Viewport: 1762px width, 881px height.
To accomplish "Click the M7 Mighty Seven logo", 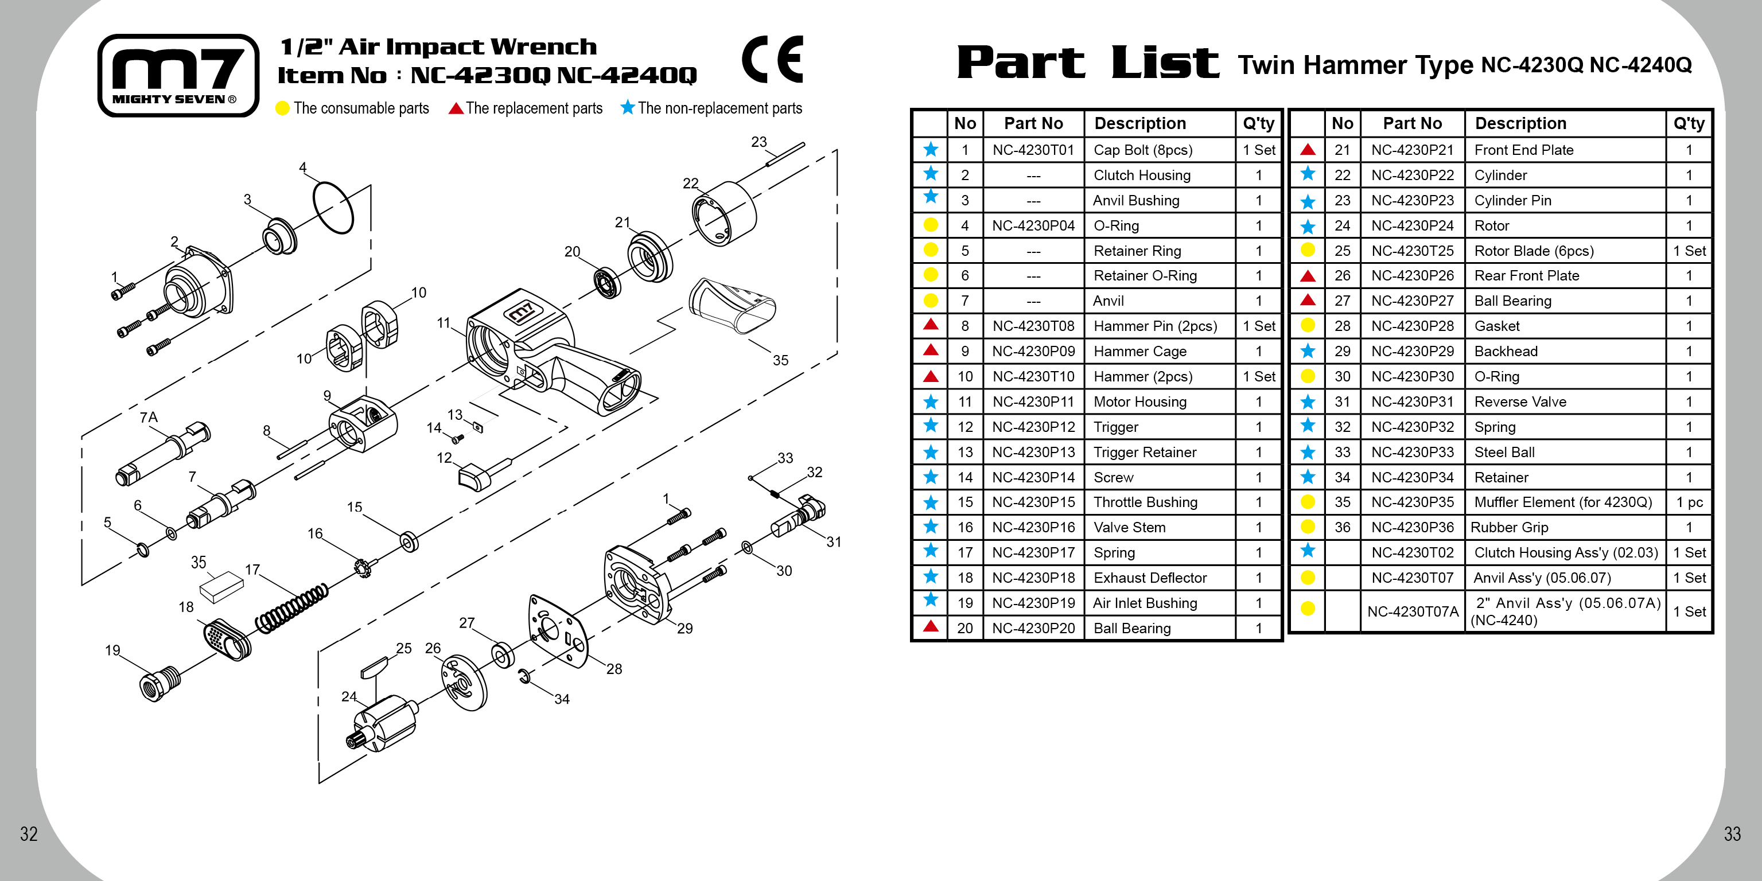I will point(178,75).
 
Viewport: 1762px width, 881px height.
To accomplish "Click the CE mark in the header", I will point(772,60).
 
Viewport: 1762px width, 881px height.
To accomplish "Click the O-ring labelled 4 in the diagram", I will point(333,207).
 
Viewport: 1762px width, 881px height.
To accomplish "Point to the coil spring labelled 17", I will point(291,608).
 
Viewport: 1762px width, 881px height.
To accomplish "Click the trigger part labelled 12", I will point(474,477).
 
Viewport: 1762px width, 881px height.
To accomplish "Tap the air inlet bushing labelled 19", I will point(160,682).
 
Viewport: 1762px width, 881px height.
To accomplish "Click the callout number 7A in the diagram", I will point(149,417).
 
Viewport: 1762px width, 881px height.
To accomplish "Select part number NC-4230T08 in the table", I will point(1033,326).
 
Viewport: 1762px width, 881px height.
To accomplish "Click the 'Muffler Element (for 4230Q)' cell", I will point(1563,502).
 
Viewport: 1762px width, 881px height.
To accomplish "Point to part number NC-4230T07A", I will point(1413,611).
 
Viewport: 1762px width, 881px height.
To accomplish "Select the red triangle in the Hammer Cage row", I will point(930,350).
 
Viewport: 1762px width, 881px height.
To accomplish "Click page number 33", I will point(1732,834).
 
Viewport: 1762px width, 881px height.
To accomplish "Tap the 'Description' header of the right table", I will point(1520,124).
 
